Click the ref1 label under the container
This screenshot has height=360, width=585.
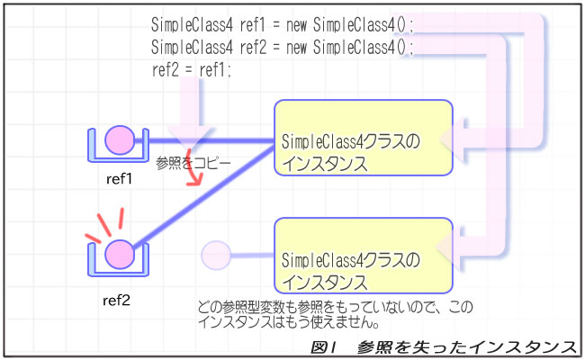[119, 179]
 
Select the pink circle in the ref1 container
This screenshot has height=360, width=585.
[119, 139]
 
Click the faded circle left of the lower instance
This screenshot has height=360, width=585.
[216, 254]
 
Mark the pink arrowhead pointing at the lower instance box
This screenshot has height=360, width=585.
[463, 257]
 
